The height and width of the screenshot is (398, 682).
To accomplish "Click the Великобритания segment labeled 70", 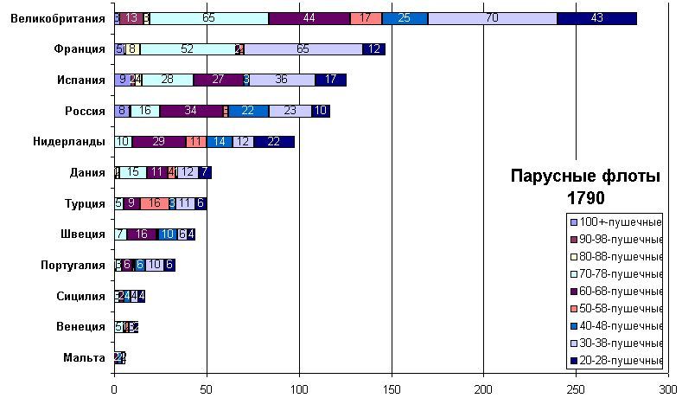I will (x=492, y=18).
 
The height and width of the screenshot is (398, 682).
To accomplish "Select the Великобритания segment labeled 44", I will (x=309, y=18).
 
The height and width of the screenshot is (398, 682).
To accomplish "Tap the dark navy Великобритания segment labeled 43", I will (x=596, y=18).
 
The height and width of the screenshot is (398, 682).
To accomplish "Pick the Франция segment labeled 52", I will (x=187, y=49).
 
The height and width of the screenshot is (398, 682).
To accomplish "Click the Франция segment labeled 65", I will (x=303, y=49).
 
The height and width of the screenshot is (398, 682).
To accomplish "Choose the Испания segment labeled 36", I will (x=281, y=80).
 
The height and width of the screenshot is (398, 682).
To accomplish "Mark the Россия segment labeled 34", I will (x=190, y=111).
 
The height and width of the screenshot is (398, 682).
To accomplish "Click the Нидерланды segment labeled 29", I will (x=158, y=141).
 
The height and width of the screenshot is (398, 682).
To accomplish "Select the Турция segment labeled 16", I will (x=154, y=203).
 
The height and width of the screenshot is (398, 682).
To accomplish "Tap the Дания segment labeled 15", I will (x=132, y=172).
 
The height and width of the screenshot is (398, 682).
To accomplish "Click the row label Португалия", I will (x=73, y=265).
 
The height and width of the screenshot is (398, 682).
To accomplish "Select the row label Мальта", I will (x=85, y=357).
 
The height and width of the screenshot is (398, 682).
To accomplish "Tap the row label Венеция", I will (x=82, y=326).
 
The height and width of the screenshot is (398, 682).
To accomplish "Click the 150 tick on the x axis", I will (x=392, y=388).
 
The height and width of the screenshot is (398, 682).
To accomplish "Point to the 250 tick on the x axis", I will (x=577, y=388).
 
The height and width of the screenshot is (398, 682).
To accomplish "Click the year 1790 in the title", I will (x=584, y=198).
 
